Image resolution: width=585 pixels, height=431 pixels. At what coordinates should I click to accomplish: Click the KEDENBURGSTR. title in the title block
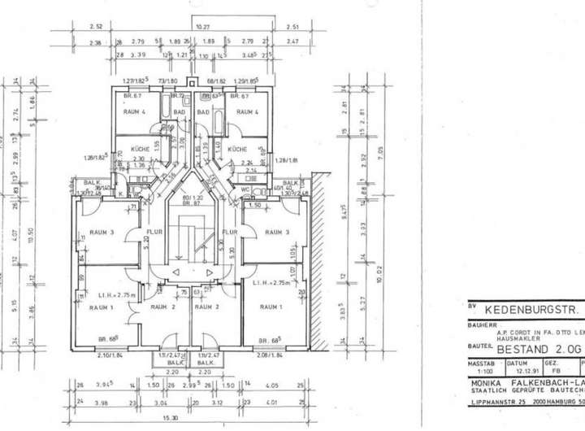[x=531, y=310]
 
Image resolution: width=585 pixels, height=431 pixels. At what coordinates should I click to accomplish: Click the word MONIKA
[x=487, y=382]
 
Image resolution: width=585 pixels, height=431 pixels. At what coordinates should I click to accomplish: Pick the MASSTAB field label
[x=482, y=363]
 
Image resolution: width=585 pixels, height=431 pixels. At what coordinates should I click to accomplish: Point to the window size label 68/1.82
[x=215, y=81]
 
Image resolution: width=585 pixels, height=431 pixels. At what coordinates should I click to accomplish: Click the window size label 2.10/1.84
[x=93, y=356]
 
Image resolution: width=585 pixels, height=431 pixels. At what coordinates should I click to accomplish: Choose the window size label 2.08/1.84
[x=269, y=356]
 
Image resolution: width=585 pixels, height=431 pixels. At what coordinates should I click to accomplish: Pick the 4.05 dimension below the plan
[x=271, y=385]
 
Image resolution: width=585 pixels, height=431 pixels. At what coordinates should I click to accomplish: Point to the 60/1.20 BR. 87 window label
[x=193, y=199]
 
